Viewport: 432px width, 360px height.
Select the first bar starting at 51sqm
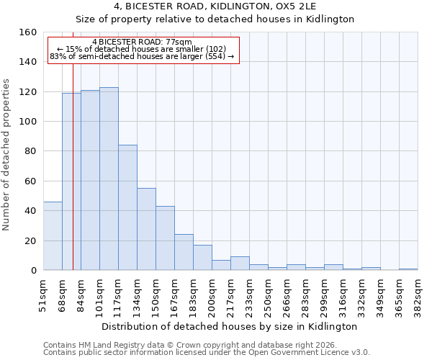click(53, 236)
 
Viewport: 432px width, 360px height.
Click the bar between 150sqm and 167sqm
click(165, 238)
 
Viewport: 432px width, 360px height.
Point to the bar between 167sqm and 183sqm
click(184, 252)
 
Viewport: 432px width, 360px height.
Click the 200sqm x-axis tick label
click(212, 295)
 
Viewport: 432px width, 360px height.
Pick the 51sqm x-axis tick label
click(43, 295)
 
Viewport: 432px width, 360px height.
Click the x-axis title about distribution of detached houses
click(230, 326)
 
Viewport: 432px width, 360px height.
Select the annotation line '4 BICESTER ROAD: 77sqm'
click(143, 42)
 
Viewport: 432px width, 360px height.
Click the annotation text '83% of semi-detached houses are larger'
click(143, 56)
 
